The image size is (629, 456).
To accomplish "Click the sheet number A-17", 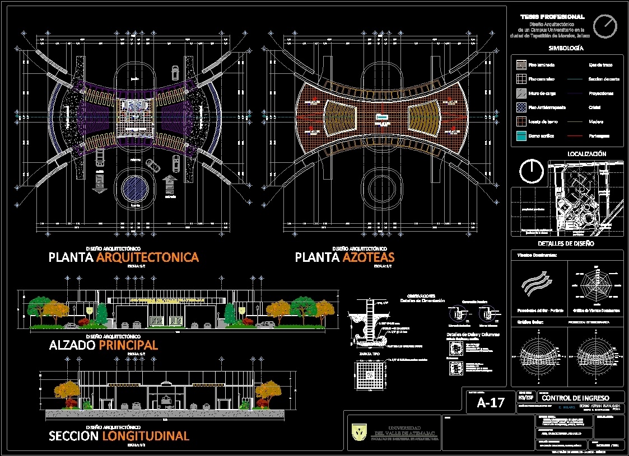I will click(491, 403).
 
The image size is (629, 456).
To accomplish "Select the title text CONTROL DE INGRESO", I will click(575, 397).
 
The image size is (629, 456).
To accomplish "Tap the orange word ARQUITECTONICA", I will click(147, 257).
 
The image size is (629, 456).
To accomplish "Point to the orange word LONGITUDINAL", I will click(146, 436).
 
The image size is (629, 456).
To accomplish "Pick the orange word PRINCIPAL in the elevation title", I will click(128, 345).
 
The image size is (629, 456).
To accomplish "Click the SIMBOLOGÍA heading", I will click(566, 48).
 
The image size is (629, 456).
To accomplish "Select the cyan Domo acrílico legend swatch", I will click(521, 136).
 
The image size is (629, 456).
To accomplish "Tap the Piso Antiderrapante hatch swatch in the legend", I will click(521, 107).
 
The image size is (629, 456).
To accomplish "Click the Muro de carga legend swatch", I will click(521, 93).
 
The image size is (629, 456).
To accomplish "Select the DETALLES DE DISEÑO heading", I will click(566, 243).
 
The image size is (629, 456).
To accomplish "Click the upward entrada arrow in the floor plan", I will click(170, 184).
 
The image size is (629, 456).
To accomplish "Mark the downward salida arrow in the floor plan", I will click(100, 183).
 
